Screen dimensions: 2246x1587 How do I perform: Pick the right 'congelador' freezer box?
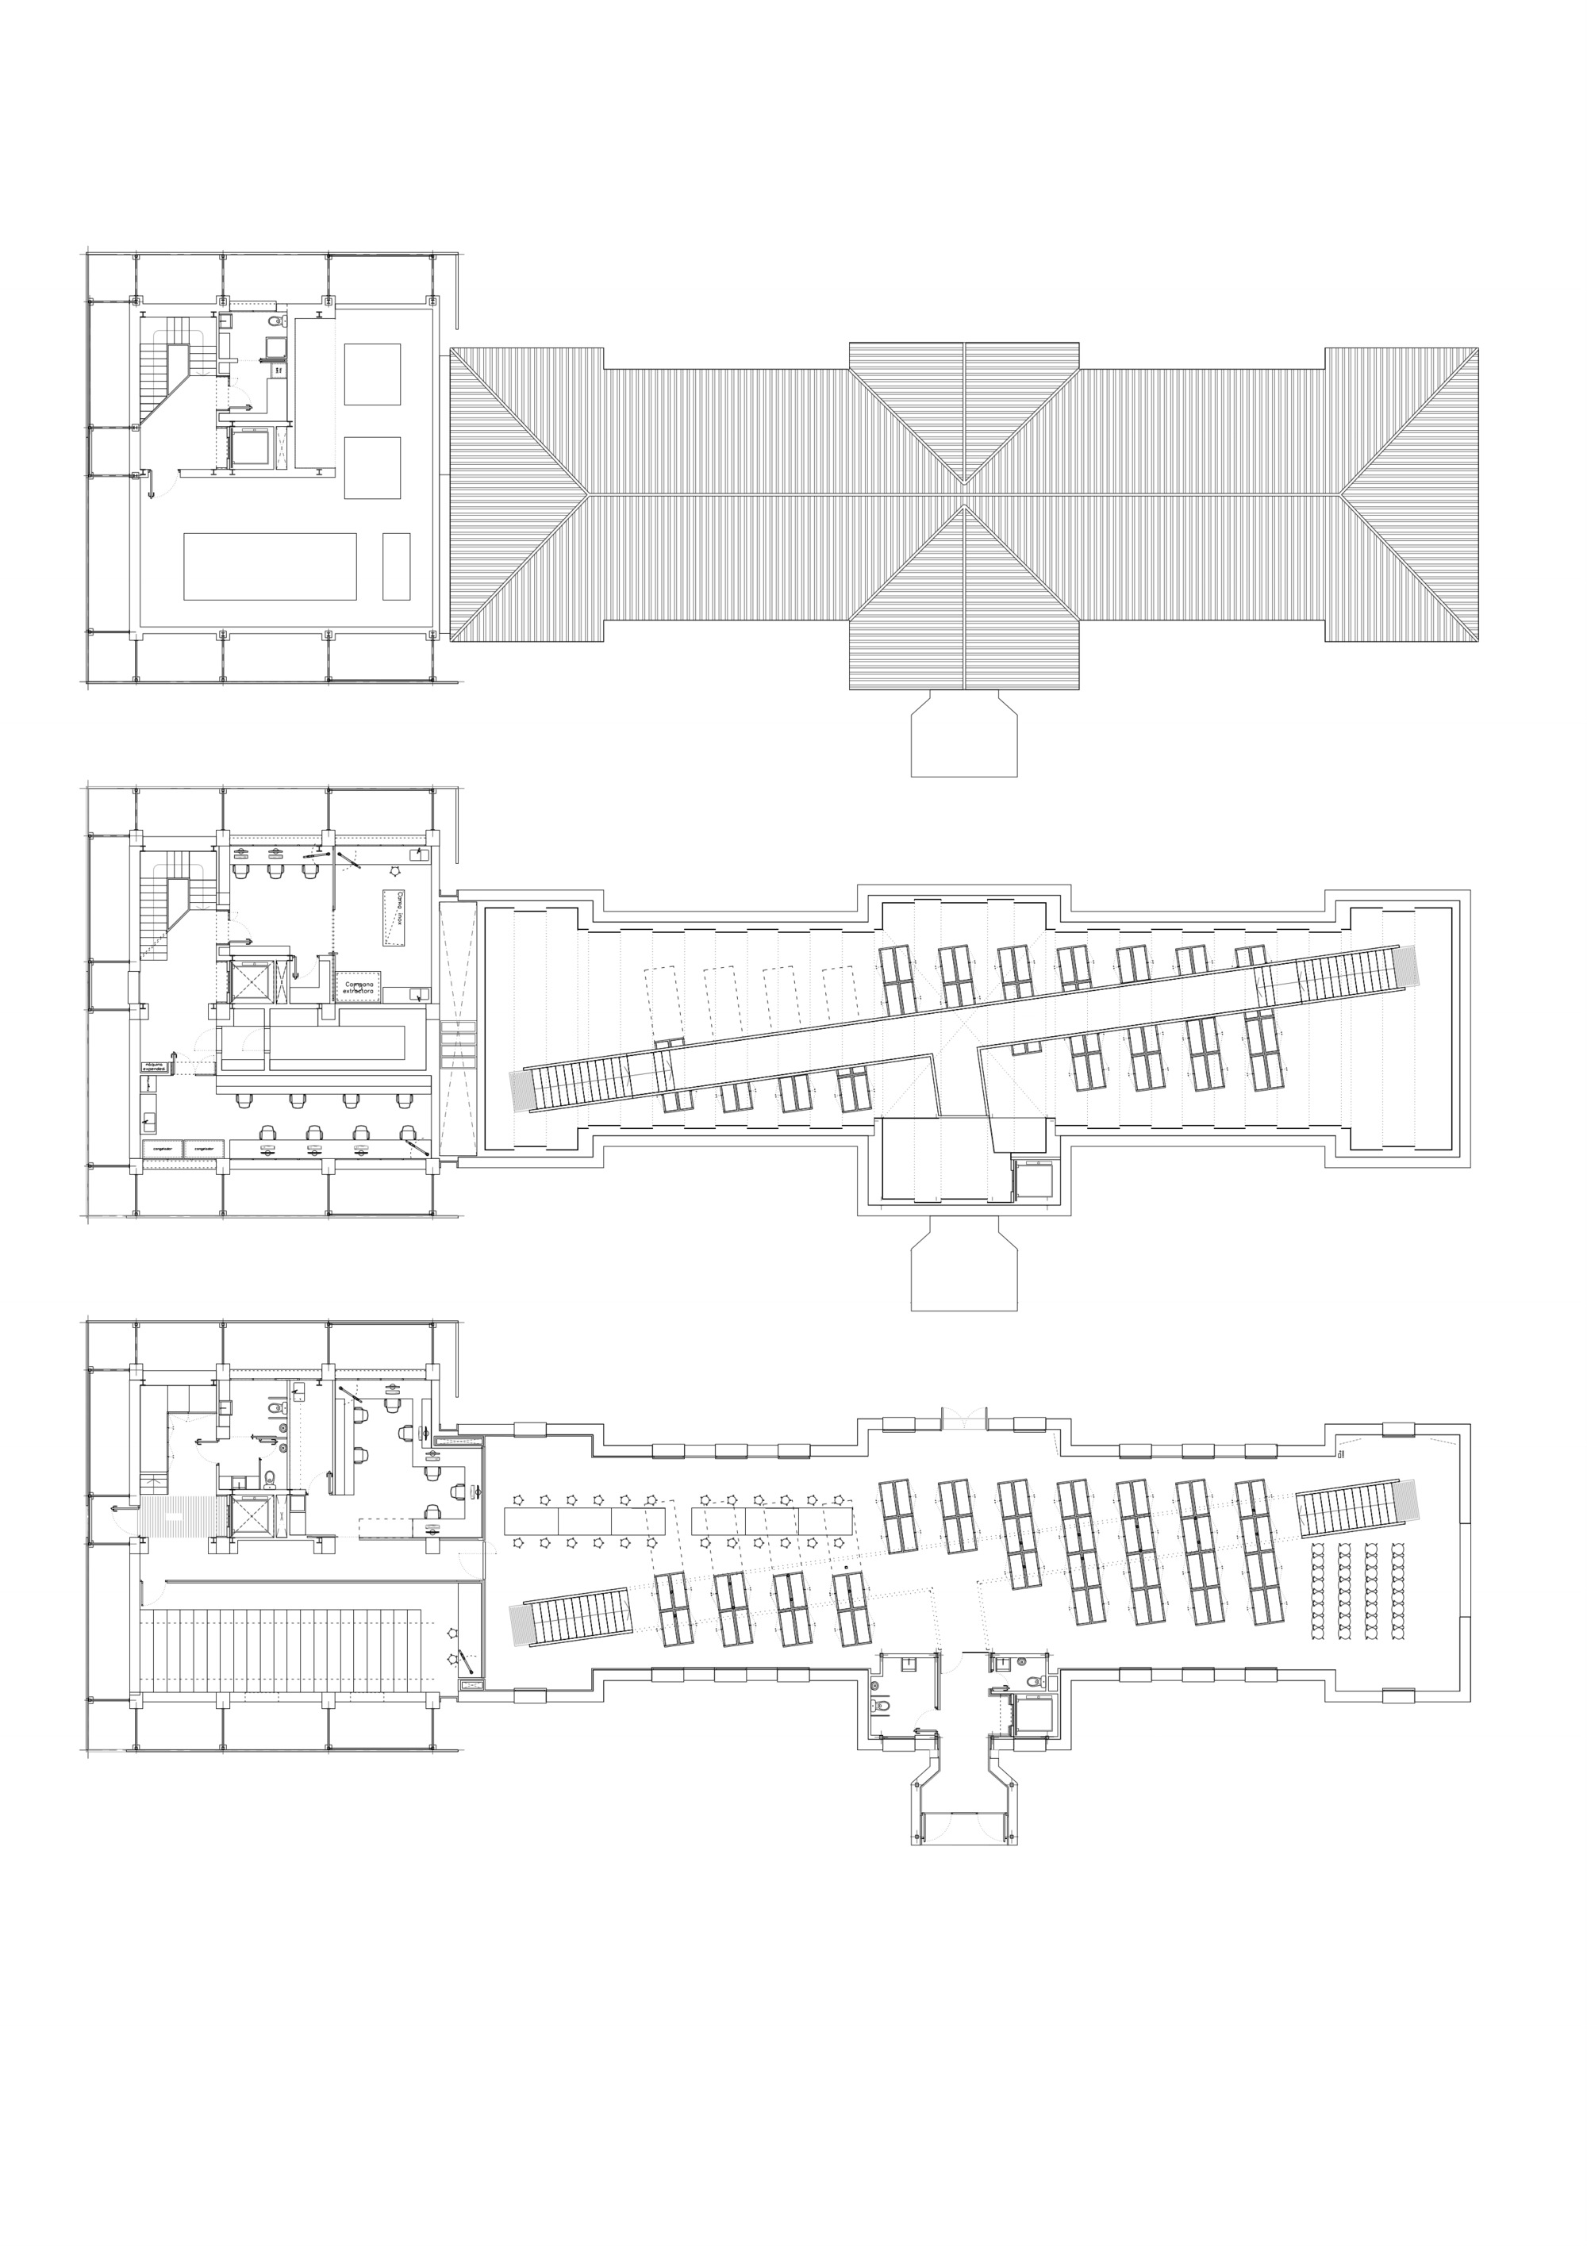(203, 1147)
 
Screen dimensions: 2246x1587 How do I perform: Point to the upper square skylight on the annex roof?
(372, 374)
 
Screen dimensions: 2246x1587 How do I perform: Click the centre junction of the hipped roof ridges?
(965, 494)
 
